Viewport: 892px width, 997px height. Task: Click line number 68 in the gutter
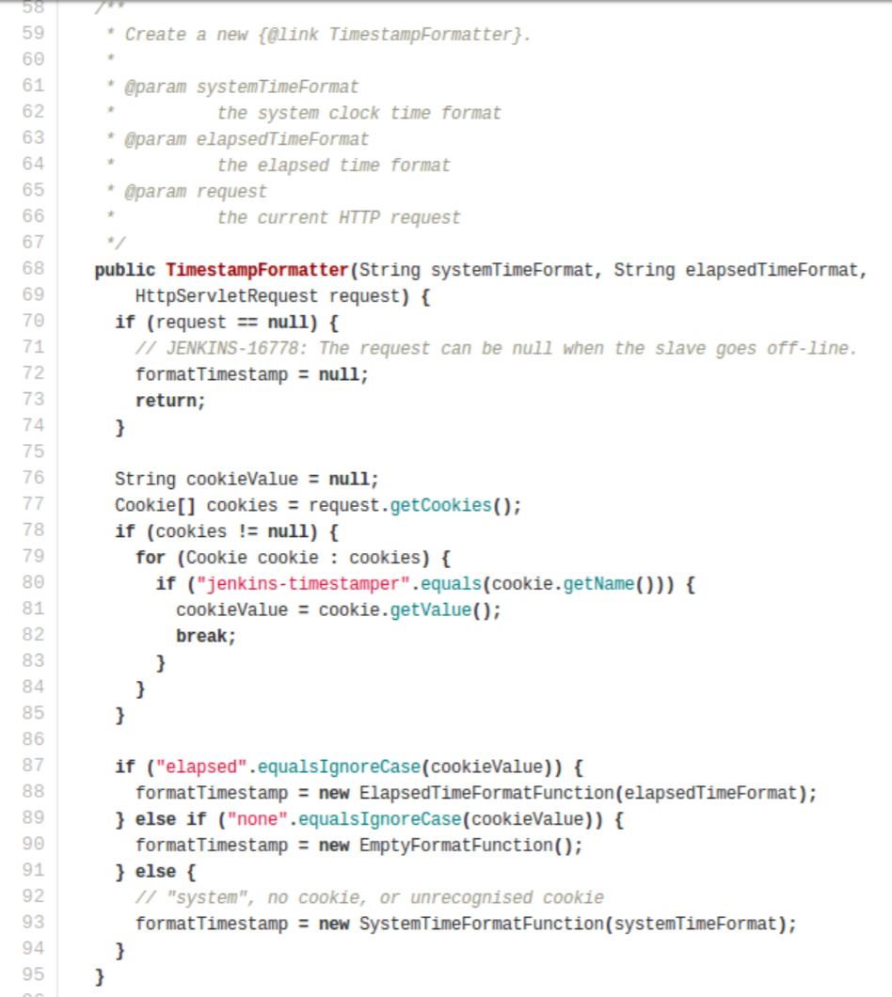33,269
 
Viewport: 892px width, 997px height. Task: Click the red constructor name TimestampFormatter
257,270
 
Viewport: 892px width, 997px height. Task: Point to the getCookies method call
441,505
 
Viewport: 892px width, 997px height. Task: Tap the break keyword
201,636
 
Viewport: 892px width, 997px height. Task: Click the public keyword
125,270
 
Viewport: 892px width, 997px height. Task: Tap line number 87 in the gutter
33,766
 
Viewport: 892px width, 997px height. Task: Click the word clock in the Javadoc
354,113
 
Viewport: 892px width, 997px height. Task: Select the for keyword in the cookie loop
151,557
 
